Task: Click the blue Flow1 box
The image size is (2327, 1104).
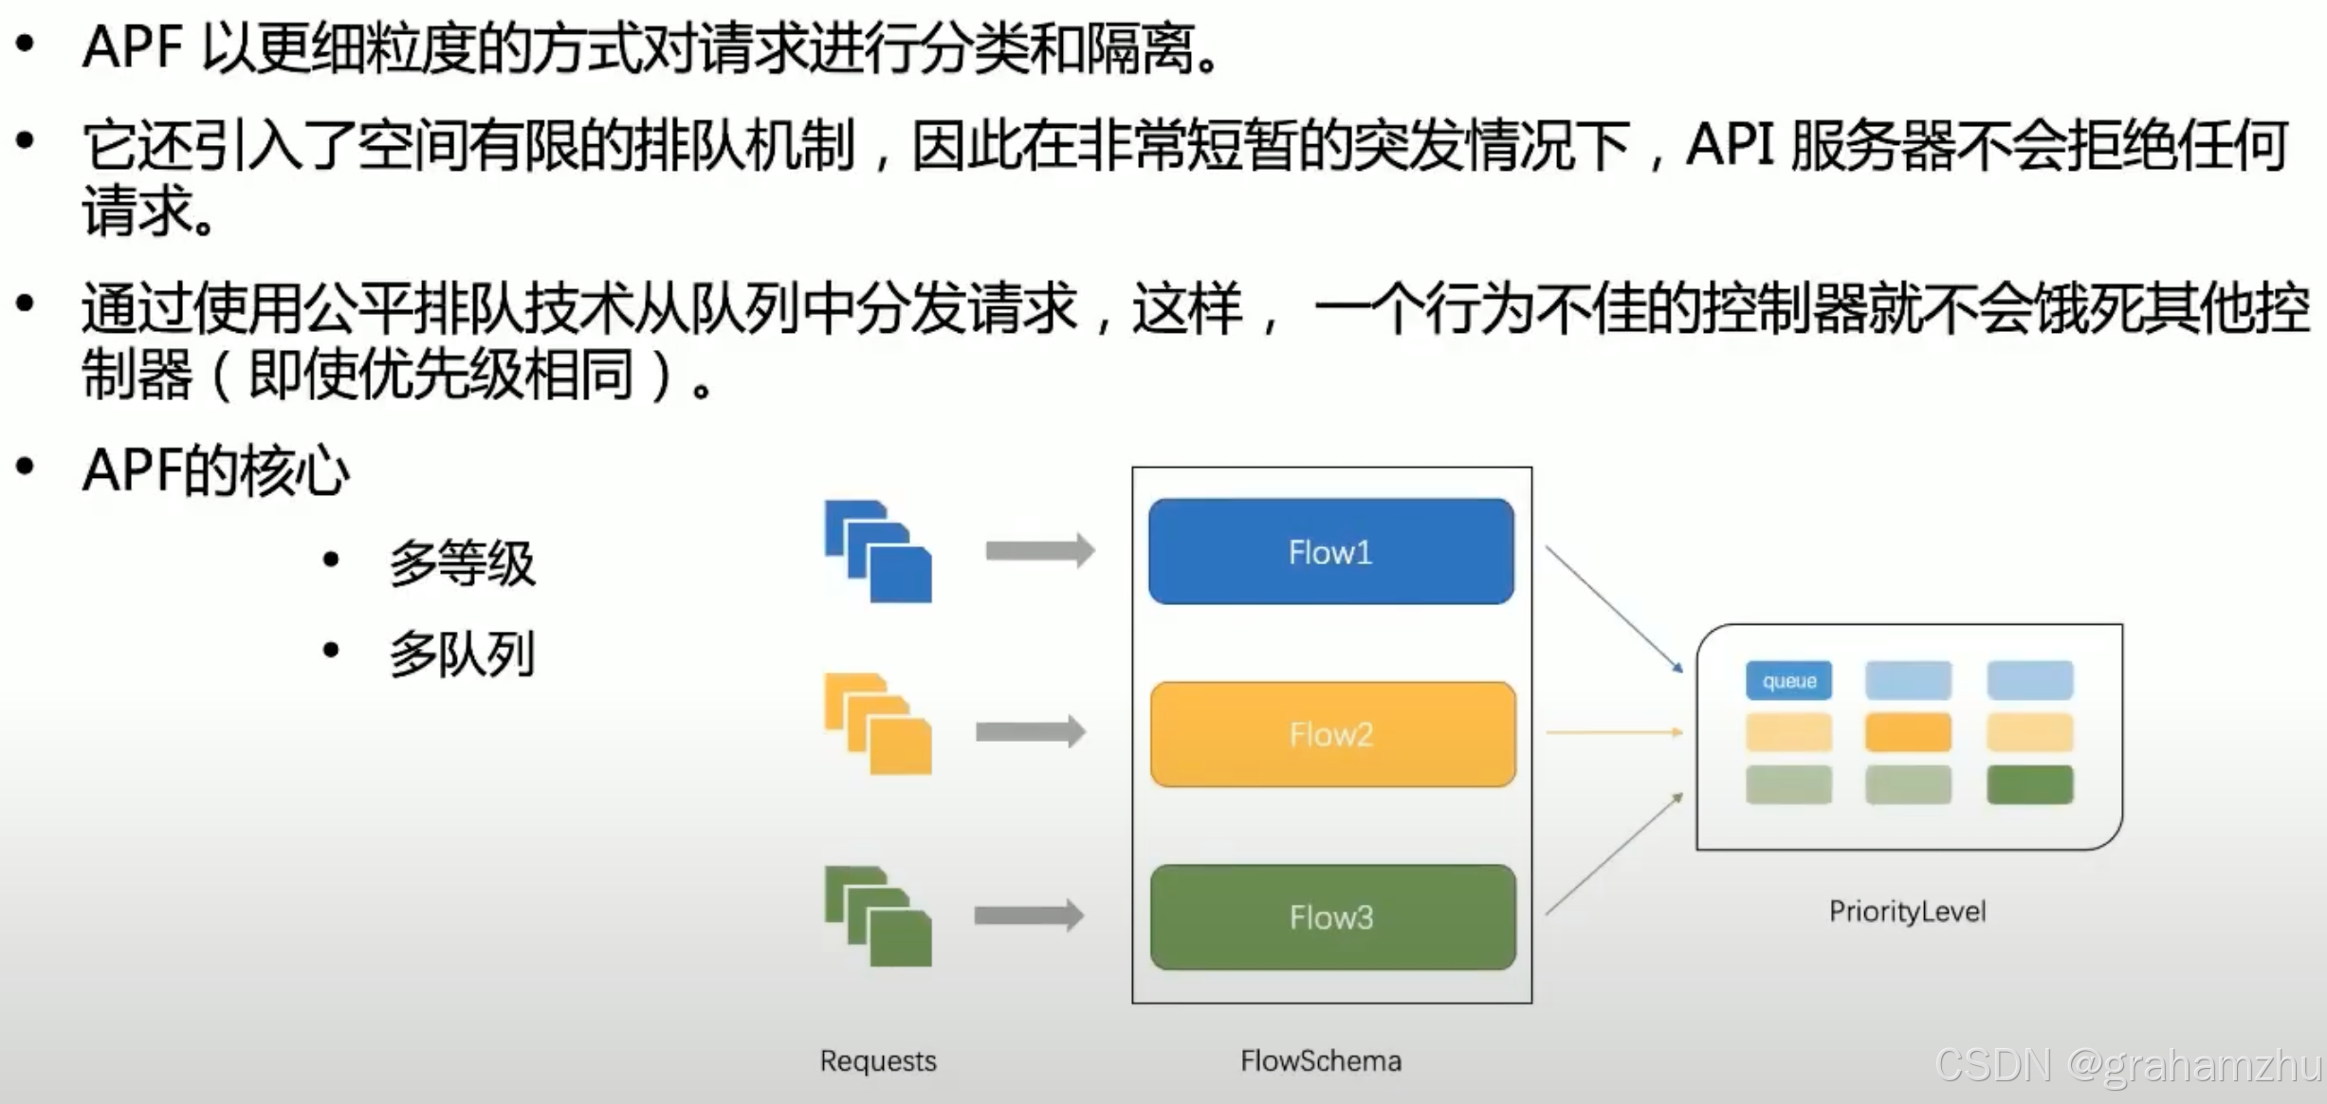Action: [1330, 552]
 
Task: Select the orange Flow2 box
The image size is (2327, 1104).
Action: [1332, 734]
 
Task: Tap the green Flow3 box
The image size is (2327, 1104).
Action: [1332, 917]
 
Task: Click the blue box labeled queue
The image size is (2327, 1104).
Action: [1788, 681]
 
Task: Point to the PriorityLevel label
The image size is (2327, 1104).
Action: [1907, 911]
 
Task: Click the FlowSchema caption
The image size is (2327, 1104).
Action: [1321, 1060]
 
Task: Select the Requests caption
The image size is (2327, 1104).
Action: [878, 1060]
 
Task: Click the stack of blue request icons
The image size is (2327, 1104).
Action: [879, 552]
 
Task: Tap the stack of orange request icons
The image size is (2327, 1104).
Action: [879, 725]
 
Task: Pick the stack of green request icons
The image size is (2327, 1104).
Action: [879, 917]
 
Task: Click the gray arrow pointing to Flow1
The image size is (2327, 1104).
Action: [1040, 551]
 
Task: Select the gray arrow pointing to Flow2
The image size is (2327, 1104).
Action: [1031, 731]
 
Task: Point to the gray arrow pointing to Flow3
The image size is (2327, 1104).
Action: [1029, 915]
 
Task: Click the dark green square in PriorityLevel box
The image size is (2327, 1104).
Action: [2029, 785]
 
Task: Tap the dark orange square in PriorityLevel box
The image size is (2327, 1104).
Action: [1908, 733]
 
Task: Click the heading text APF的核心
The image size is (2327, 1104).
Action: [216, 471]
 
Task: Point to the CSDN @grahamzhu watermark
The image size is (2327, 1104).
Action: [2128, 1065]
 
